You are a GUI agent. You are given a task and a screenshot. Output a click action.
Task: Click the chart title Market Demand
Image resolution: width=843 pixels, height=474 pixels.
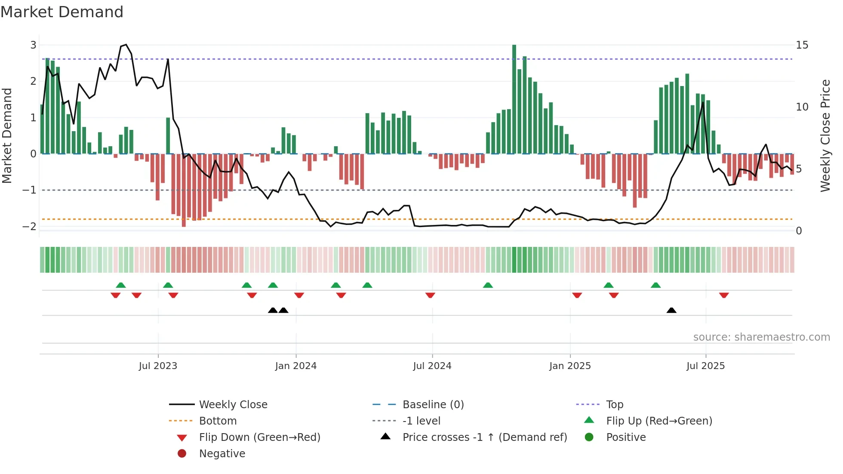click(x=62, y=12)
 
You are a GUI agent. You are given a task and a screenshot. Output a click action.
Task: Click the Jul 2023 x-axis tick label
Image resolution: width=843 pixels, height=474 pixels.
click(x=158, y=366)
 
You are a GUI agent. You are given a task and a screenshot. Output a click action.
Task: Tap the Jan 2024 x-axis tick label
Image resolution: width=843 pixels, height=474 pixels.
click(x=296, y=366)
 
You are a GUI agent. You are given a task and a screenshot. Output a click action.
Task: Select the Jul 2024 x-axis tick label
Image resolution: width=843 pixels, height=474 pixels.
click(x=432, y=366)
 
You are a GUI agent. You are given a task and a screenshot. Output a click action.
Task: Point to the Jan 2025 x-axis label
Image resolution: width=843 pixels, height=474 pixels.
click(x=570, y=366)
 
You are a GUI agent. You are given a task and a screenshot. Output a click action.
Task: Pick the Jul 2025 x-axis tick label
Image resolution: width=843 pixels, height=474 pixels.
click(x=706, y=366)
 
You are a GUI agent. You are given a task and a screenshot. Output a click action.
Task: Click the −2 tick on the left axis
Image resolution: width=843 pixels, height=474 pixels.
click(x=30, y=226)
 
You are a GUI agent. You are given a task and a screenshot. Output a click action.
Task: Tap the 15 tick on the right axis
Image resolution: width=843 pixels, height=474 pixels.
click(x=802, y=45)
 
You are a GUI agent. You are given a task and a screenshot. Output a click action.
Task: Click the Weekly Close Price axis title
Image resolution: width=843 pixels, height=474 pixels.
click(x=825, y=135)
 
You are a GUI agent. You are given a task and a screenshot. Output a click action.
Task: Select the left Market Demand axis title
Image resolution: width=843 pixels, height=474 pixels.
click(x=7, y=135)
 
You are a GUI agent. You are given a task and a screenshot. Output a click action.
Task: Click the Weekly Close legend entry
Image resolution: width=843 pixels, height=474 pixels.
click(x=233, y=405)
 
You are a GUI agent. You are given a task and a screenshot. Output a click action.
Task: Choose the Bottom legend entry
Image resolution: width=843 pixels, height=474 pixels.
click(x=218, y=421)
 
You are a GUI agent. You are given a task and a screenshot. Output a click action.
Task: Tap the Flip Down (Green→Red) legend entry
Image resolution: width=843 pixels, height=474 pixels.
click(x=259, y=437)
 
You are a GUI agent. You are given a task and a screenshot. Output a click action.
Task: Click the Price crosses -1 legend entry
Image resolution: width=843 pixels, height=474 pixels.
click(x=484, y=437)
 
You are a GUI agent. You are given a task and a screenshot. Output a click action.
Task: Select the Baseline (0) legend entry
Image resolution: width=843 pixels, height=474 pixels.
click(x=433, y=405)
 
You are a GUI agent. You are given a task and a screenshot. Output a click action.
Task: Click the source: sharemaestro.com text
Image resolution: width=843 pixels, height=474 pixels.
click(x=761, y=337)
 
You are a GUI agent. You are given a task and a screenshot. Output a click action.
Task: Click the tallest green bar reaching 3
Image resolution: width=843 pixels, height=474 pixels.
click(x=514, y=99)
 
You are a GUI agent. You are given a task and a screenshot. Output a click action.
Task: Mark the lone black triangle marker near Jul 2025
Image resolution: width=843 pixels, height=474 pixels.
click(x=671, y=310)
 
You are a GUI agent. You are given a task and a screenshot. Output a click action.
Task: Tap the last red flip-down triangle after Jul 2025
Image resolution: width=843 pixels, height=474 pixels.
click(x=724, y=295)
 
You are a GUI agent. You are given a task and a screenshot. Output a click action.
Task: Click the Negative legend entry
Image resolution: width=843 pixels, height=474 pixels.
click(x=222, y=454)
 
